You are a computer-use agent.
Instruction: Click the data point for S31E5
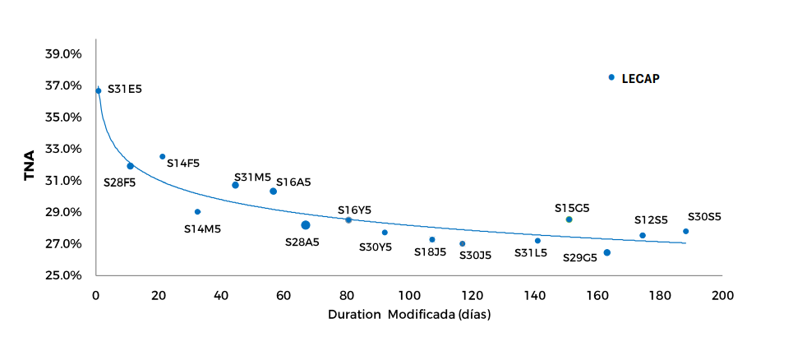click(x=99, y=91)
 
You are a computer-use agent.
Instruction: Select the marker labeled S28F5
click(x=130, y=166)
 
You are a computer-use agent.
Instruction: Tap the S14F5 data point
click(x=163, y=156)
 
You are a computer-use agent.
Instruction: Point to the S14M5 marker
click(x=198, y=212)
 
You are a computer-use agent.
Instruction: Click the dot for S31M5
click(x=235, y=185)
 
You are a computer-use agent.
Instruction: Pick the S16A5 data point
click(x=274, y=192)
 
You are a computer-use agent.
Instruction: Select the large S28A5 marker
click(x=306, y=225)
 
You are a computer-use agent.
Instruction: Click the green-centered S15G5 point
click(x=569, y=219)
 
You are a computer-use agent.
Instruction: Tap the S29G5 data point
click(x=607, y=252)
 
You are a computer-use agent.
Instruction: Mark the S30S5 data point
click(x=686, y=231)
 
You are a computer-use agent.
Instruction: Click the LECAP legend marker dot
click(x=611, y=77)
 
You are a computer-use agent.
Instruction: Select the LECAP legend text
click(x=641, y=78)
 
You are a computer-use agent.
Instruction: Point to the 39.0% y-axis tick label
click(x=63, y=54)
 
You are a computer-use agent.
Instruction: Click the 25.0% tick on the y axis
click(x=63, y=275)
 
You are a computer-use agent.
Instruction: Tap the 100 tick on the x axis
click(x=409, y=294)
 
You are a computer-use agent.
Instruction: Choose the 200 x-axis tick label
click(x=722, y=294)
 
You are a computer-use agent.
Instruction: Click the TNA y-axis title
click(x=29, y=165)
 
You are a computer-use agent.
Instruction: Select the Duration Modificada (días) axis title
click(x=409, y=315)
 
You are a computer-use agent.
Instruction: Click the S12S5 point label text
click(x=651, y=220)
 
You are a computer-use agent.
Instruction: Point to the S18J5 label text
click(x=430, y=252)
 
